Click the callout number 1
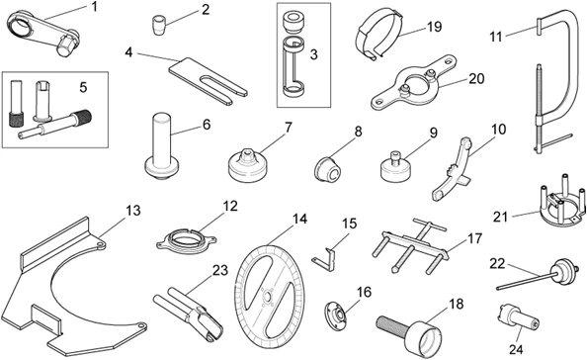point(95,8)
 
